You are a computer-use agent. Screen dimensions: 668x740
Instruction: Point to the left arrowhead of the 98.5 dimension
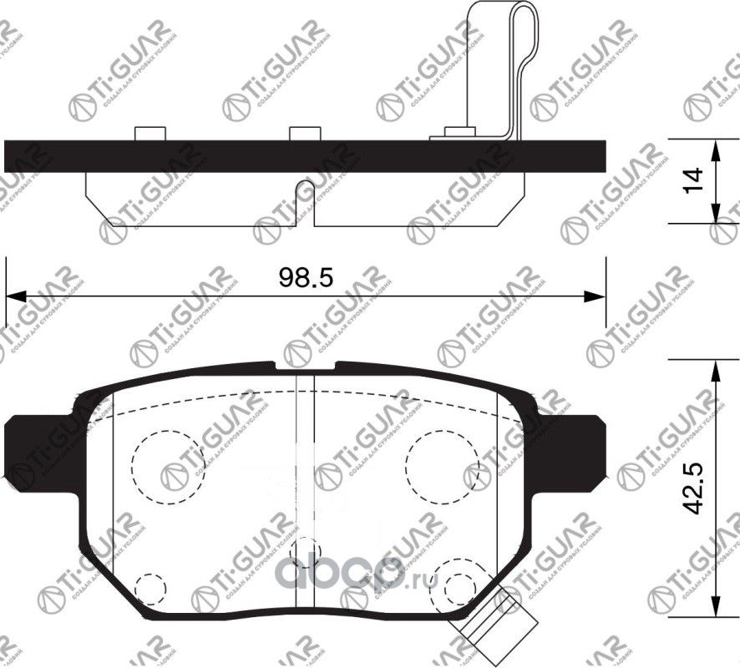tap(15, 296)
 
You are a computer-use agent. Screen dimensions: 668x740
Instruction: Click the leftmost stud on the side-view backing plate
tap(149, 134)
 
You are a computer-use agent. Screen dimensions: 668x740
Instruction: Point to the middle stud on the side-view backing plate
tap(304, 134)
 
